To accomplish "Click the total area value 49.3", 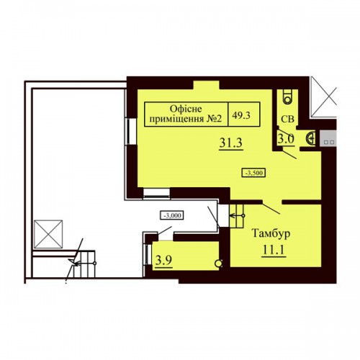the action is [x=241, y=115].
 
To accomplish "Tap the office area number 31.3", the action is [x=231, y=143].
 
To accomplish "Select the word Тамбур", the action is [x=271, y=233].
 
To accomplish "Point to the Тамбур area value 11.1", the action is [x=274, y=250].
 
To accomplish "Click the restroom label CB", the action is [x=287, y=119].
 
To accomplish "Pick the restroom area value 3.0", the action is [x=286, y=139].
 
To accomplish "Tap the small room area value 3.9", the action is [x=163, y=260].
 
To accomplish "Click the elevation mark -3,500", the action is [x=253, y=173].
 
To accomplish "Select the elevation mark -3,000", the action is [x=172, y=215].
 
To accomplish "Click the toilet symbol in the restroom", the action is [x=287, y=96].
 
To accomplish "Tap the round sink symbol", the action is [x=310, y=138].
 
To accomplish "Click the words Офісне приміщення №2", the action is [x=186, y=114].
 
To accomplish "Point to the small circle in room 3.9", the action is [x=218, y=264].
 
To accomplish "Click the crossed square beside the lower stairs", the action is [x=48, y=234].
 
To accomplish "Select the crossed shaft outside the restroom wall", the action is [x=323, y=97].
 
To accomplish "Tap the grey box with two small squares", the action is [x=328, y=138].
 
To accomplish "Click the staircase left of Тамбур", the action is [x=237, y=215].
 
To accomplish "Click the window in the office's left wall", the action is [x=131, y=131].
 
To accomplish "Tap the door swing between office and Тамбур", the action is [x=271, y=208].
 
